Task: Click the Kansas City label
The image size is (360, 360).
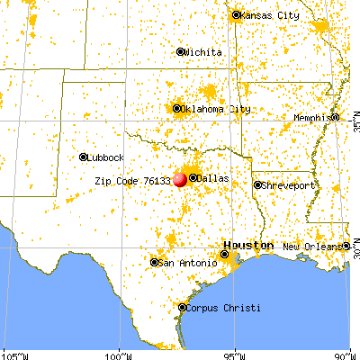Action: point(269,15)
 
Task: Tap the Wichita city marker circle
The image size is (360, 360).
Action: point(180,51)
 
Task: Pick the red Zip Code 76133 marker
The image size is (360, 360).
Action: point(180,179)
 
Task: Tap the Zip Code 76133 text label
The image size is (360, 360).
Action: point(132,180)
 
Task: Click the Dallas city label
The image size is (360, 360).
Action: point(212,178)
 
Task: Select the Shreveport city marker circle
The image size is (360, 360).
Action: point(256,185)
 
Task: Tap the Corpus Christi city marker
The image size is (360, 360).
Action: point(183,308)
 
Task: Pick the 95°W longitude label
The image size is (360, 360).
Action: point(235,355)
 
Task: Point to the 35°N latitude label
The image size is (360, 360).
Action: point(355,117)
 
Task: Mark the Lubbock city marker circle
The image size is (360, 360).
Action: point(83,157)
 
